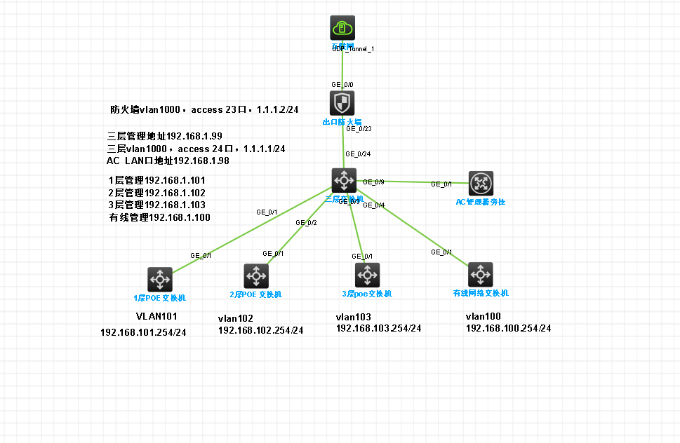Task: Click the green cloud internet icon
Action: pyautogui.click(x=342, y=28)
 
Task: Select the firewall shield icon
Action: pyautogui.click(x=342, y=103)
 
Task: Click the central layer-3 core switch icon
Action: pyautogui.click(x=343, y=180)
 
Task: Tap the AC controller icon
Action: pyautogui.click(x=481, y=184)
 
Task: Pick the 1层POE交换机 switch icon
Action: pyautogui.click(x=159, y=279)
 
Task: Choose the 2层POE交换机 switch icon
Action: pyautogui.click(x=255, y=275)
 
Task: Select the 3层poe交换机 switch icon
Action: pyautogui.click(x=366, y=275)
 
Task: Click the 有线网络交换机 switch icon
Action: pyautogui.click(x=481, y=274)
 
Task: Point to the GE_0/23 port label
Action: pyautogui.click(x=357, y=129)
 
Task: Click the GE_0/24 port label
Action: pyautogui.click(x=357, y=154)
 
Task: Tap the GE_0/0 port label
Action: pyautogui.click(x=342, y=84)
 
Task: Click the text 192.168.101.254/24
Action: pyautogui.click(x=143, y=332)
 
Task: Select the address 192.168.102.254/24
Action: pyautogui.click(x=260, y=329)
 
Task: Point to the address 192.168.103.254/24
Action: pyautogui.click(x=378, y=328)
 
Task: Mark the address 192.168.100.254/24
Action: pyautogui.click(x=508, y=328)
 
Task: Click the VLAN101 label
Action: pyautogui.click(x=156, y=316)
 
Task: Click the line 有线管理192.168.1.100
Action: pyautogui.click(x=159, y=218)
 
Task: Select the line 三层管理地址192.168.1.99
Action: pyautogui.click(x=164, y=136)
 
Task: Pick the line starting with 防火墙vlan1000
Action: pyautogui.click(x=204, y=109)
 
